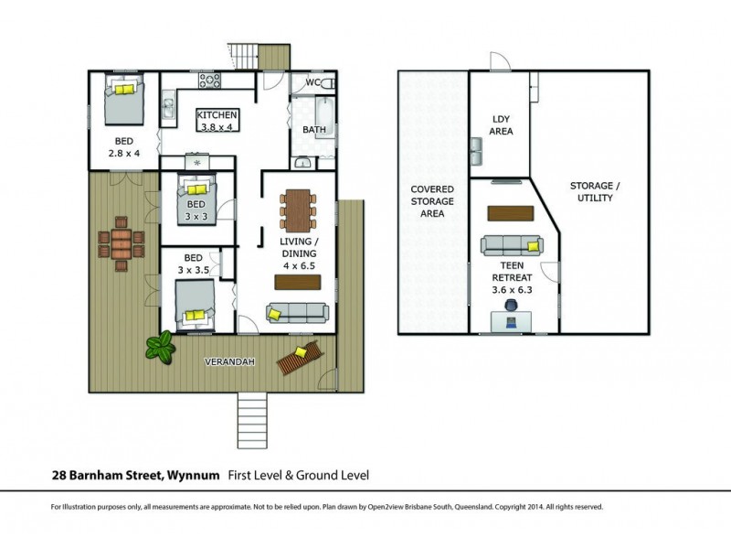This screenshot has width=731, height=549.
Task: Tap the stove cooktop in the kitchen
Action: click(x=211, y=81)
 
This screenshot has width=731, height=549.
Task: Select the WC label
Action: click(x=313, y=83)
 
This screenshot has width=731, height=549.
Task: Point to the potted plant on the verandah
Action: click(x=162, y=347)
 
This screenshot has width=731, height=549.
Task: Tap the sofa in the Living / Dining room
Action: click(x=298, y=313)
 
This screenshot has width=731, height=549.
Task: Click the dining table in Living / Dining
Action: click(x=298, y=210)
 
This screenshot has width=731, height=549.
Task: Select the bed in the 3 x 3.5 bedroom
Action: click(x=194, y=303)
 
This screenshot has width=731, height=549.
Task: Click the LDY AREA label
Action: click(x=502, y=125)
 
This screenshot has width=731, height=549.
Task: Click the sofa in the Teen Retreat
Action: click(x=512, y=245)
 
